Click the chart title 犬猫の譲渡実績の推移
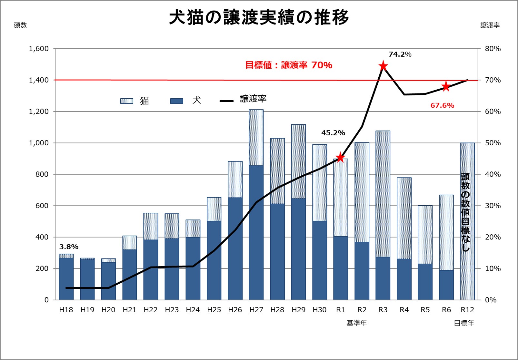click(259, 17)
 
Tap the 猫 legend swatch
click(126, 101)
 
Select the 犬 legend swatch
click(176, 101)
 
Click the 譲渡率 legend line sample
click(226, 101)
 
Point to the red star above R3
click(383, 66)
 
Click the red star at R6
click(446, 86)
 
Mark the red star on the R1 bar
click(340, 158)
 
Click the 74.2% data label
click(400, 54)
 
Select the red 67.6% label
click(442, 105)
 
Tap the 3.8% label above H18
click(69, 247)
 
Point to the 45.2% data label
click(333, 133)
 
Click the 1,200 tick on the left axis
click(39, 112)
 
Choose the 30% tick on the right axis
click(493, 206)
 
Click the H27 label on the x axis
click(256, 310)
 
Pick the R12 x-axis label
click(467, 310)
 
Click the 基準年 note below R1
click(356, 323)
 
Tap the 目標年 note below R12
click(464, 323)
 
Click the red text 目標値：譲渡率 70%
click(289, 65)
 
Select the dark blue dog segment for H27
click(256, 232)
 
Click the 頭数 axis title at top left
click(20, 25)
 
